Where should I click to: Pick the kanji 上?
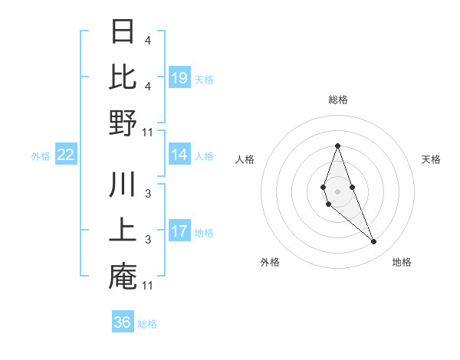point(123,231)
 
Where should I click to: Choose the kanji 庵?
point(123,277)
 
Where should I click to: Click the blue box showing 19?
point(179,78)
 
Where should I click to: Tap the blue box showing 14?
point(179,155)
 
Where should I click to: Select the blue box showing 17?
point(179,231)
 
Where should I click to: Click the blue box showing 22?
point(66,155)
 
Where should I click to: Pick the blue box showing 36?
point(122,322)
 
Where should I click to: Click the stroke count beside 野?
point(148,132)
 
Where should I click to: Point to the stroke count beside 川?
point(148,193)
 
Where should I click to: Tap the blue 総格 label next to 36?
point(147,324)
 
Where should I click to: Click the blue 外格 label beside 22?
point(41,156)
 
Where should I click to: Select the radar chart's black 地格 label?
point(402,263)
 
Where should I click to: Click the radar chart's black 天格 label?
point(431,159)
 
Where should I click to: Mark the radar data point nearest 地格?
point(373,242)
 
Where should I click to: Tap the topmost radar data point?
point(337,146)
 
